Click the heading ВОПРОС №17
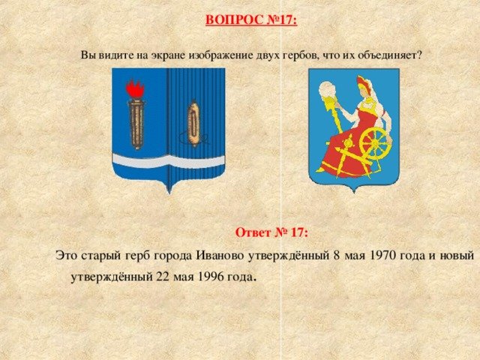pyautogui.click(x=251, y=20)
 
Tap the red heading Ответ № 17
pyautogui.click(x=271, y=232)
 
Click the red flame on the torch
pyautogui.click(x=135, y=88)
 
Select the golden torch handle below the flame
pyautogui.click(x=136, y=124)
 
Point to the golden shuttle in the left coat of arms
pyautogui.click(x=193, y=123)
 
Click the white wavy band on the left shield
pyautogui.click(x=169, y=160)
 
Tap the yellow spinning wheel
pyautogui.click(x=375, y=142)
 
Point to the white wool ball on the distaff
pyautogui.click(x=328, y=90)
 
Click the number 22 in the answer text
pyautogui.click(x=163, y=277)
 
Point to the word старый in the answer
pyautogui.click(x=101, y=256)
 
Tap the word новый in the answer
pyautogui.click(x=457, y=256)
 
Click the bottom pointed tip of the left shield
pyautogui.click(x=169, y=193)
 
